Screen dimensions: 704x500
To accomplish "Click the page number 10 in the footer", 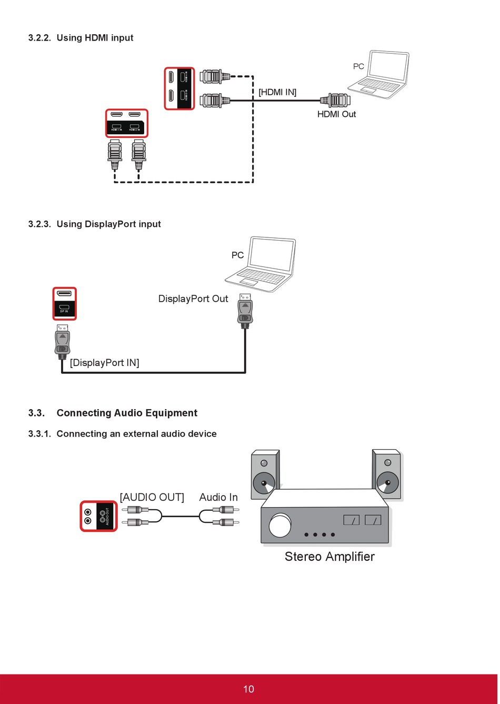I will [248, 689].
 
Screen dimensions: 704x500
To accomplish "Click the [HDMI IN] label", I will [277, 92].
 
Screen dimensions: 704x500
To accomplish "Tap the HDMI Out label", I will [336, 114].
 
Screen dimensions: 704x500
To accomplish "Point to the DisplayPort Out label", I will [193, 299].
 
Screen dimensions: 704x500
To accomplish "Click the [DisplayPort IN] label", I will [105, 363].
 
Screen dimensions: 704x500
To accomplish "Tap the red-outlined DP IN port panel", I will [64, 303].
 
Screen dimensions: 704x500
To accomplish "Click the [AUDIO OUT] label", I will [152, 497].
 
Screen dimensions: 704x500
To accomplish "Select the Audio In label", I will [218, 497].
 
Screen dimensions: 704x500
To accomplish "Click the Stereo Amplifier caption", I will [329, 557].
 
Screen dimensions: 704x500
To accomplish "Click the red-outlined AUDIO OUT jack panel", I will [98, 516].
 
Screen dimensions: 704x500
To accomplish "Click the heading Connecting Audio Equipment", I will [127, 413].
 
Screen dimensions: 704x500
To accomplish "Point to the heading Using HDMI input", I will [95, 38].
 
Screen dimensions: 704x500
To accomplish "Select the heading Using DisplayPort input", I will [108, 224].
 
